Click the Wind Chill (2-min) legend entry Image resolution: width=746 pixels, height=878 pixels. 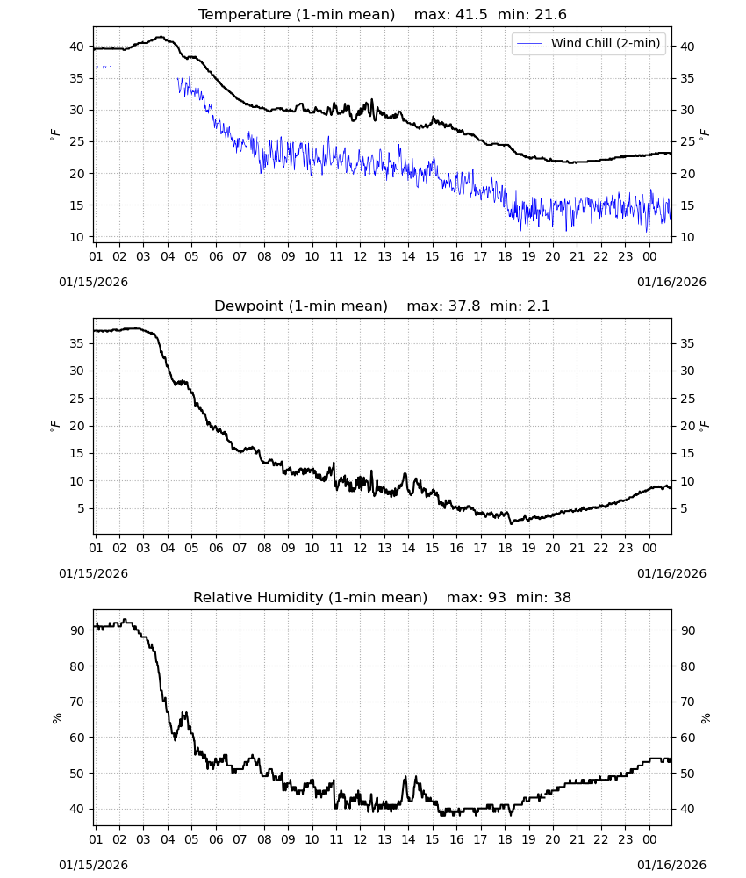(589, 43)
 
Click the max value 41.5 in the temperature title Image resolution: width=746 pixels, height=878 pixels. (472, 15)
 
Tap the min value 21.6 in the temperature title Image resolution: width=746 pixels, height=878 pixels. (550, 15)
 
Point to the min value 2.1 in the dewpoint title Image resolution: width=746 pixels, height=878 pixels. (534, 306)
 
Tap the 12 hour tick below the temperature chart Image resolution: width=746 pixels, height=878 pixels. (360, 256)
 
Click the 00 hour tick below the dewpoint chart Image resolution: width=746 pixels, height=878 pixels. (649, 548)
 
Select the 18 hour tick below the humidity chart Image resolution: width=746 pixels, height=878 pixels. (505, 839)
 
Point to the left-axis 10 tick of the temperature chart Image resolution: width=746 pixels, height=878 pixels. (76, 237)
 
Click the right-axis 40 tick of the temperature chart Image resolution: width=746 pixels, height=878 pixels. (687, 47)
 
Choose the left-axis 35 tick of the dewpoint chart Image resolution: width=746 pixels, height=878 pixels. (76, 343)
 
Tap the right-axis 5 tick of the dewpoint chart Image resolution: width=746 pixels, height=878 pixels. (684, 508)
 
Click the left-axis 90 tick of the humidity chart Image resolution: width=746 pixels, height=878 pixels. (76, 630)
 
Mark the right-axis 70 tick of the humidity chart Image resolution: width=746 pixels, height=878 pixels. (687, 702)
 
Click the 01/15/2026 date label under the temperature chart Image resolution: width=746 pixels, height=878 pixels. (93, 282)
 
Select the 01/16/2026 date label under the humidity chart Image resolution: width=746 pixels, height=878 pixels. (671, 865)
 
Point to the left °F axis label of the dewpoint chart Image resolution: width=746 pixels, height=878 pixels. (54, 426)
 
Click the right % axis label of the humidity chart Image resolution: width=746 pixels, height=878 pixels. (705, 718)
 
